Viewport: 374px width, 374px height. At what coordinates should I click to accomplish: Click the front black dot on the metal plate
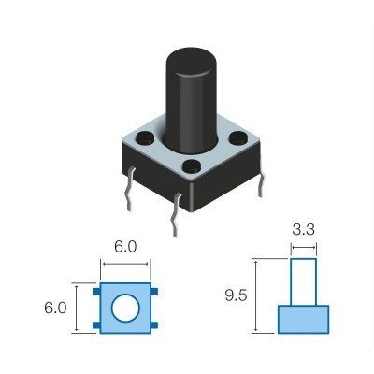(x=193, y=169)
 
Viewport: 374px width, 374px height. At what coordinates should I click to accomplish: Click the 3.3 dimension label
(x=303, y=227)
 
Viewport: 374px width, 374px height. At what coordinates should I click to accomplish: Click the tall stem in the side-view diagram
(x=303, y=280)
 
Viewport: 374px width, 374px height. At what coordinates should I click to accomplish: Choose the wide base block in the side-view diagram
(x=303, y=319)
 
